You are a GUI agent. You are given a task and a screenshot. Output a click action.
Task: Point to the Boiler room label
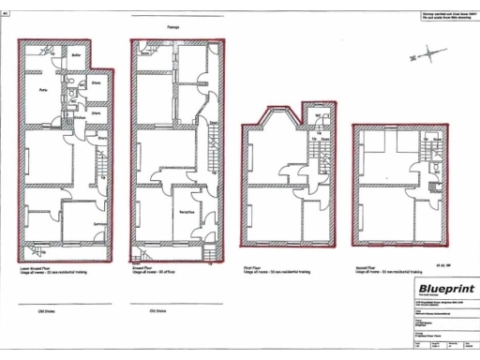pyautogui.click(x=76, y=55)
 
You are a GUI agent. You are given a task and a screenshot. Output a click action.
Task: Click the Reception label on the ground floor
pyautogui.click(x=187, y=212)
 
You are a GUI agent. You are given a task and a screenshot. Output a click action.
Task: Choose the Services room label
pyautogui.click(x=97, y=223)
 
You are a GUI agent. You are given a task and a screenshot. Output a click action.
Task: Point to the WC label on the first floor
pyautogui.click(x=320, y=117)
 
